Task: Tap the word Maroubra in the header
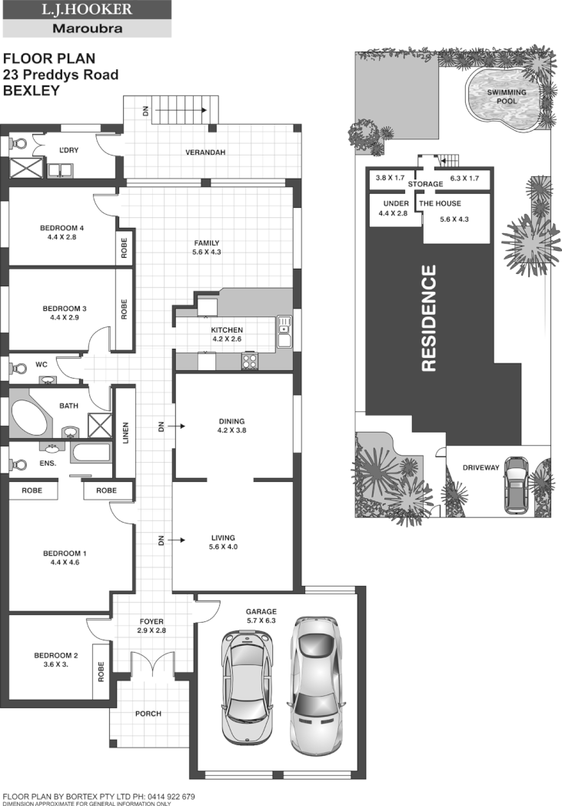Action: click(x=86, y=29)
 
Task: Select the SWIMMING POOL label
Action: click(x=507, y=97)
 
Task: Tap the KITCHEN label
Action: click(x=227, y=330)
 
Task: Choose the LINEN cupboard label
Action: click(x=125, y=433)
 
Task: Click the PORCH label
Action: click(x=148, y=714)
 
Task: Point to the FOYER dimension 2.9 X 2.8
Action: click(x=151, y=630)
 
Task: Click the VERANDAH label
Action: click(x=205, y=152)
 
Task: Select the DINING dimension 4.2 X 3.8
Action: click(x=231, y=431)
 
